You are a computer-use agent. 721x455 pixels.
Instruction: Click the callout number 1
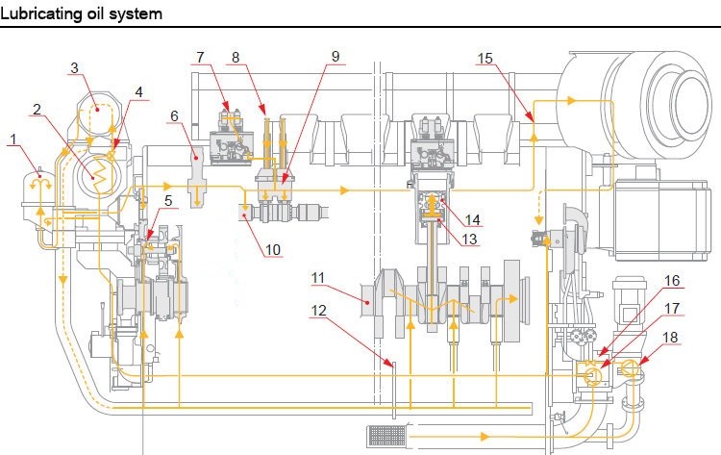tap(12, 139)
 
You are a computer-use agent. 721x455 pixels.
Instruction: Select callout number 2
tap(37, 109)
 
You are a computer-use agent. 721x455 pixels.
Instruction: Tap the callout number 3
tap(74, 67)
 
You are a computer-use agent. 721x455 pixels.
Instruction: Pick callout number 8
tap(236, 57)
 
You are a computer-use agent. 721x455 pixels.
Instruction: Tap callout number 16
tap(672, 281)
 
